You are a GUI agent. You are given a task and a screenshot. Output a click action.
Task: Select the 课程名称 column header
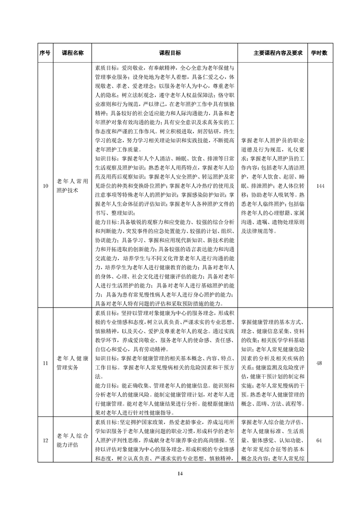point(73,53)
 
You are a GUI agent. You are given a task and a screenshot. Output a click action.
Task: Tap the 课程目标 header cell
point(165,53)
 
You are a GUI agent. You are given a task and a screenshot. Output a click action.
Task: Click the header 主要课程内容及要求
point(271,53)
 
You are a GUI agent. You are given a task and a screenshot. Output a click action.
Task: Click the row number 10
point(45,186)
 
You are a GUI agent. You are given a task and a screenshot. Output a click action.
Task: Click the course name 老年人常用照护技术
point(73,186)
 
